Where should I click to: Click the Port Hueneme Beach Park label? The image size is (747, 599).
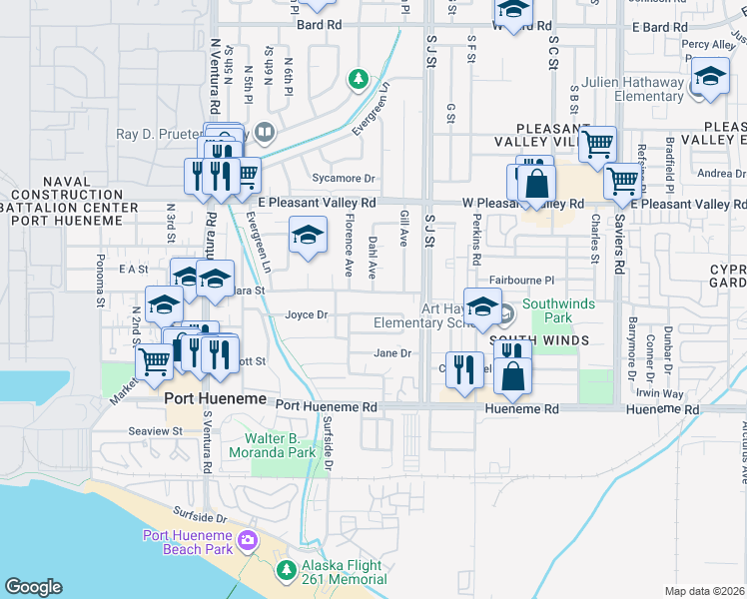(x=188, y=542)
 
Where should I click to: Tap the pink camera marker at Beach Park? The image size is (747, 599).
(x=248, y=543)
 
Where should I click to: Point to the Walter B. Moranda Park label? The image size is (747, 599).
(x=296, y=445)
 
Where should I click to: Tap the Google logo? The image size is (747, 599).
(x=33, y=587)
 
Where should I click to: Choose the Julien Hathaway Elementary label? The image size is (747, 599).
(x=635, y=90)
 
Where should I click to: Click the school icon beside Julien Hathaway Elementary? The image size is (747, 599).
(x=709, y=78)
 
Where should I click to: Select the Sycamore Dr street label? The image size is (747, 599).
(x=343, y=180)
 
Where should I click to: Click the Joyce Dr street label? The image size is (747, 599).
(x=307, y=315)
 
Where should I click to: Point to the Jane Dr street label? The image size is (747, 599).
(x=392, y=353)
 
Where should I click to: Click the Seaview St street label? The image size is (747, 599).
(x=155, y=431)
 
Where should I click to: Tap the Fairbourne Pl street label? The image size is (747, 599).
(x=520, y=283)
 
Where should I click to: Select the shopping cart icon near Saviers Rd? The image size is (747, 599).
(x=622, y=181)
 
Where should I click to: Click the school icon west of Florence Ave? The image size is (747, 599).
(x=308, y=237)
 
